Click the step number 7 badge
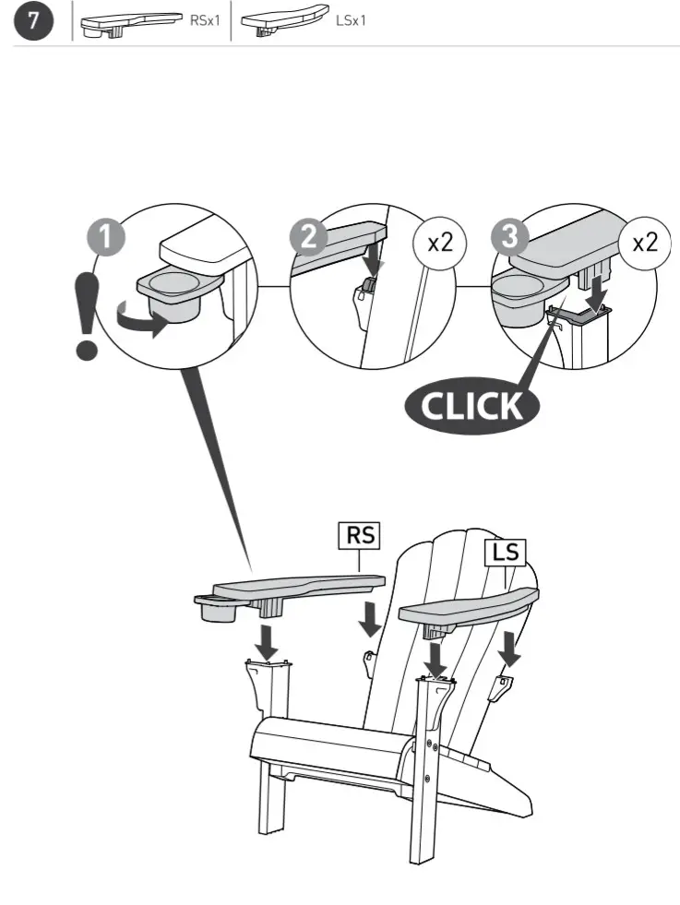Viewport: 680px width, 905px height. tap(33, 22)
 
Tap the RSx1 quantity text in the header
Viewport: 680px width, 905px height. tap(205, 21)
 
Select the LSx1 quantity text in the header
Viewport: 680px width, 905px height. tap(351, 21)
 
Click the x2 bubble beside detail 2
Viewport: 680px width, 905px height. tap(441, 244)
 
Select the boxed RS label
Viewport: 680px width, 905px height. tap(360, 534)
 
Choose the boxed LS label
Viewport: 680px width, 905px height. tap(505, 553)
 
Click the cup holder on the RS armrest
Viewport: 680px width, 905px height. tap(218, 610)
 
